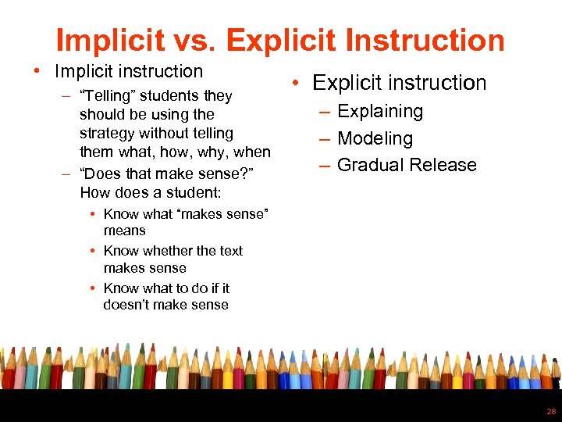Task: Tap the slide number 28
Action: coord(551,411)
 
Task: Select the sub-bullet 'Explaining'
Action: coord(379,112)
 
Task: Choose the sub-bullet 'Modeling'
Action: coord(375,139)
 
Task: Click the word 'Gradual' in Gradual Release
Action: coord(371,165)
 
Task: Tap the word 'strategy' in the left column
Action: coord(106,134)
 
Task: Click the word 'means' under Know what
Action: coord(124,231)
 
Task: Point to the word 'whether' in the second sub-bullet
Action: coord(168,251)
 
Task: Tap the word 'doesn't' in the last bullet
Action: coord(127,305)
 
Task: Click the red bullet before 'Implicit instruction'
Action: coord(37,72)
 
